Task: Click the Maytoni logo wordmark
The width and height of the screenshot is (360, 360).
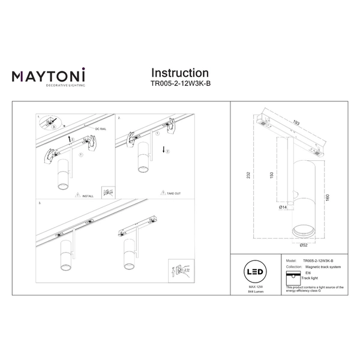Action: click(x=49, y=76)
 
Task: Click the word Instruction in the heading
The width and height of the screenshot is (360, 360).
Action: click(x=179, y=73)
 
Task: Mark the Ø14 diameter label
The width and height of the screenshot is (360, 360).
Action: click(x=283, y=208)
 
